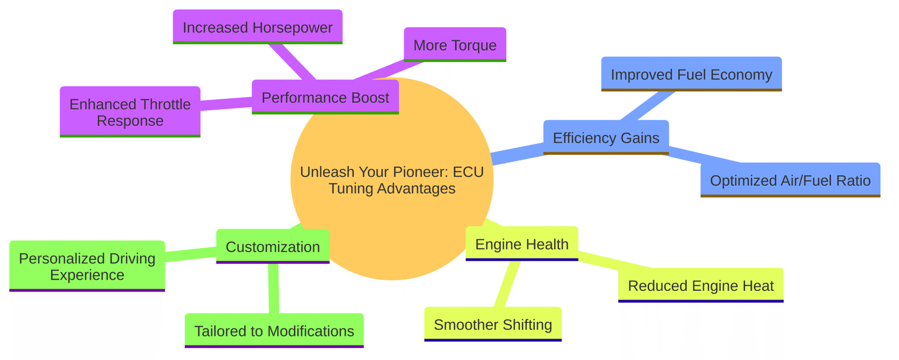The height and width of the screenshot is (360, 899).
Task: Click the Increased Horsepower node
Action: [257, 27]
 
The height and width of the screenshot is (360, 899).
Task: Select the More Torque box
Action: [455, 45]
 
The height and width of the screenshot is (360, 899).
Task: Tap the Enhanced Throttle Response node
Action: [130, 112]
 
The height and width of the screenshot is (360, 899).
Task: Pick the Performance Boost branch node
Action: [325, 98]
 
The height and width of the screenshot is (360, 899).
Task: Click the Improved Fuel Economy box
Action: [691, 74]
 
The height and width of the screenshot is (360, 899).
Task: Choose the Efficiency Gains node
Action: [606, 138]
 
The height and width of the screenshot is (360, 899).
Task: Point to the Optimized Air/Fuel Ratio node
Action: [790, 180]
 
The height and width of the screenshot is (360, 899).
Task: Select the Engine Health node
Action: [521, 244]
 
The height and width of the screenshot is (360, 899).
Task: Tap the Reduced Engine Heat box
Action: [701, 286]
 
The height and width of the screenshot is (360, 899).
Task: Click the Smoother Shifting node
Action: [493, 325]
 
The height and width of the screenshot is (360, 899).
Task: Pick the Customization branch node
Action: [273, 247]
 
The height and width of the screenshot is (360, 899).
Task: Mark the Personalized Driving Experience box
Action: [87, 267]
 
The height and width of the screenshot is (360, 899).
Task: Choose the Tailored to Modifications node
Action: [274, 331]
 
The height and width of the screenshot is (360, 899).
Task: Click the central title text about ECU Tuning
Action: [392, 180]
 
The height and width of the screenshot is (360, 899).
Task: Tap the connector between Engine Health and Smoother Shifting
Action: [508, 284]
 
